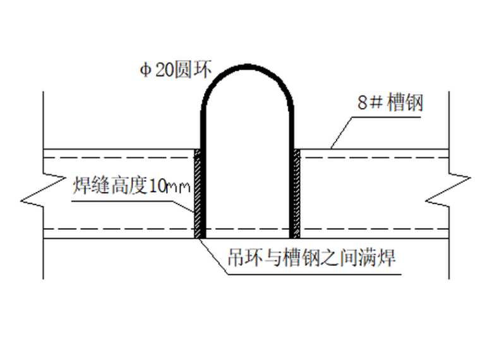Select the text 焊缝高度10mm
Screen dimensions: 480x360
coord(131,186)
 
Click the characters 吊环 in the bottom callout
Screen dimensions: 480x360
coord(241,258)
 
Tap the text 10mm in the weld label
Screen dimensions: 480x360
coord(170,187)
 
